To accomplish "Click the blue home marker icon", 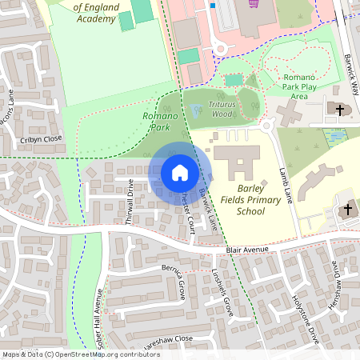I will pyautogui.click(x=179, y=172).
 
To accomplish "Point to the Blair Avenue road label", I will pyautogui.click(x=246, y=250).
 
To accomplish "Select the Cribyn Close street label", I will pyautogui.click(x=41, y=139).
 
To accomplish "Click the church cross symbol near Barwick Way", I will pyautogui.click(x=339, y=109).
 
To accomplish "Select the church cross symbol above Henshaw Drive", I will pyautogui.click(x=346, y=210).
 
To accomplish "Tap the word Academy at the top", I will pyautogui.click(x=91, y=19).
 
